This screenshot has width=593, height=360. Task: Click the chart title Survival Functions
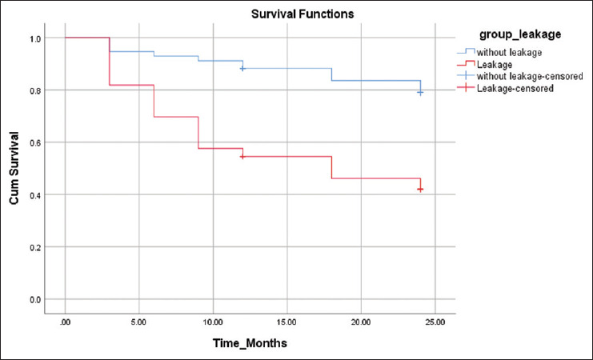(x=303, y=14)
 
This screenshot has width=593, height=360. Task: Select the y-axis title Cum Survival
(x=14, y=168)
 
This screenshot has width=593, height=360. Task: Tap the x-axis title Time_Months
(x=250, y=343)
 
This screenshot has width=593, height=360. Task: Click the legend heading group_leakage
(x=520, y=34)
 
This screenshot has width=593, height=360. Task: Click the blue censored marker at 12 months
(x=242, y=69)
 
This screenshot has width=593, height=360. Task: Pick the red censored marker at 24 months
(x=420, y=190)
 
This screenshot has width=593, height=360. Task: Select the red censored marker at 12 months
(x=242, y=157)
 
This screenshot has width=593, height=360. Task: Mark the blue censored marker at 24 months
(x=420, y=93)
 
